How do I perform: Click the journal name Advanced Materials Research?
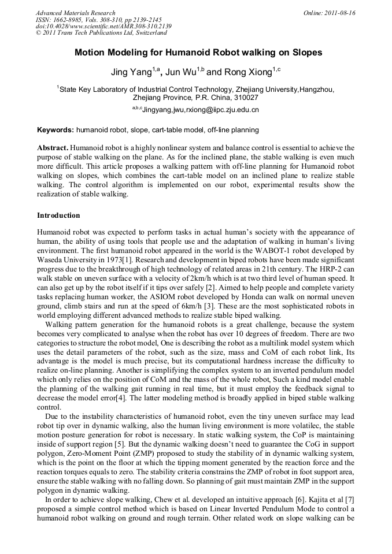click(75, 13)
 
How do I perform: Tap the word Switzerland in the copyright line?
click(147, 33)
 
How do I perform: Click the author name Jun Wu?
click(180, 73)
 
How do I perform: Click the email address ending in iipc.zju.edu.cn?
click(200, 110)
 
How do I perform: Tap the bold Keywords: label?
click(56, 130)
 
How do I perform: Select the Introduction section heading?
click(58, 215)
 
